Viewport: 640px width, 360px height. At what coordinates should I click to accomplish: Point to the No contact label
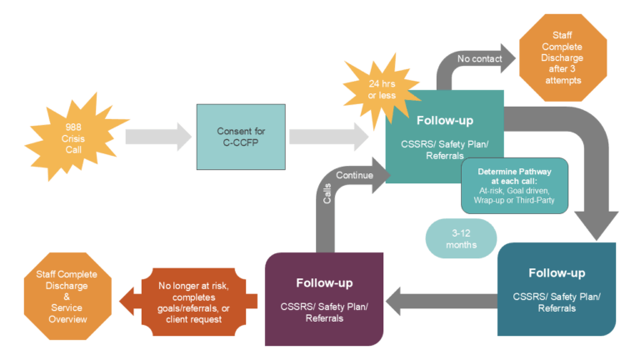pyautogui.click(x=479, y=58)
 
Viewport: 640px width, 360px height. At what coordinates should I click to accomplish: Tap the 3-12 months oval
pyautogui.click(x=461, y=239)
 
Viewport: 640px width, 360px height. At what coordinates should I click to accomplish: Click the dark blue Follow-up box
pyautogui.click(x=556, y=287)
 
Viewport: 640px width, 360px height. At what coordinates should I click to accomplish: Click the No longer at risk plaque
pyautogui.click(x=192, y=297)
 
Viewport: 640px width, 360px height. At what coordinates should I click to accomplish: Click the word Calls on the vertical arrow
pyautogui.click(x=327, y=193)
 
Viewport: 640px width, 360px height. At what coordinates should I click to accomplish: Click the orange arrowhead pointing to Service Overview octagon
pyautogui.click(x=128, y=297)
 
